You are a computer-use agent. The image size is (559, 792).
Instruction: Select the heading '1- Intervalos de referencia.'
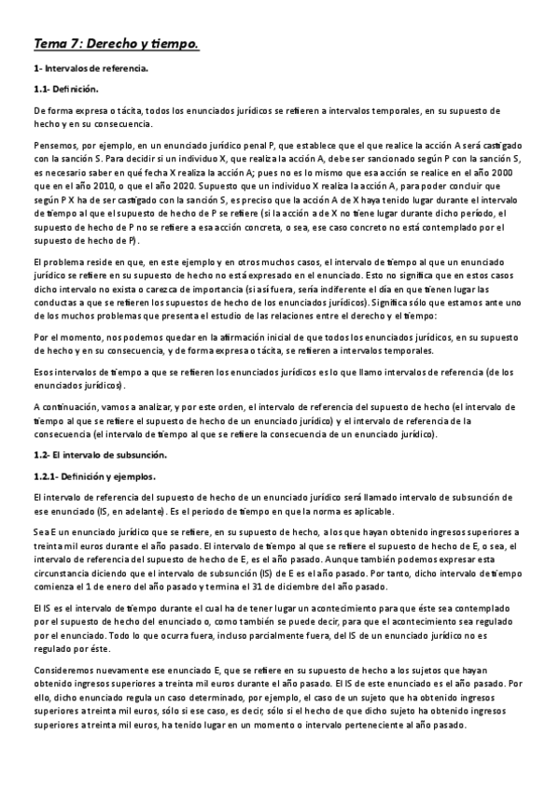pos(91,69)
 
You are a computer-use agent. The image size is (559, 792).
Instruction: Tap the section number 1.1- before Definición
pos(42,89)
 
